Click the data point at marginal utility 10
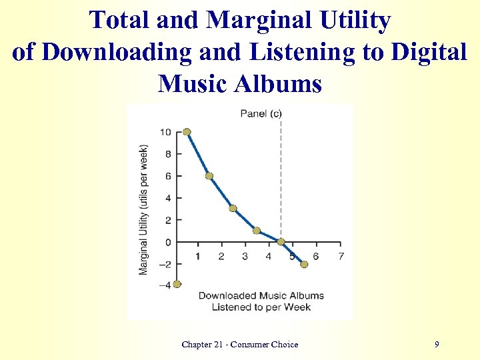[187, 132]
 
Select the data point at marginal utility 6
[209, 176]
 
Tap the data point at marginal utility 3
[233, 209]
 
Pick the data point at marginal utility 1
[257, 231]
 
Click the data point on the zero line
[281, 241]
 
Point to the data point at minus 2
[304, 264]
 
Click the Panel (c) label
[261, 113]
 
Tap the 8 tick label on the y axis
[168, 154]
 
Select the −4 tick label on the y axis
[165, 285]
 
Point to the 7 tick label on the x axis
[341, 257]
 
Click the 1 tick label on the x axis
[198, 257]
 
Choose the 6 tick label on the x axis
[316, 257]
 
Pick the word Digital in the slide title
[429, 52]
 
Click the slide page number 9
[436, 344]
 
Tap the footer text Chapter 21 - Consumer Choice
[239, 344]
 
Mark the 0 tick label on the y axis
[168, 242]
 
